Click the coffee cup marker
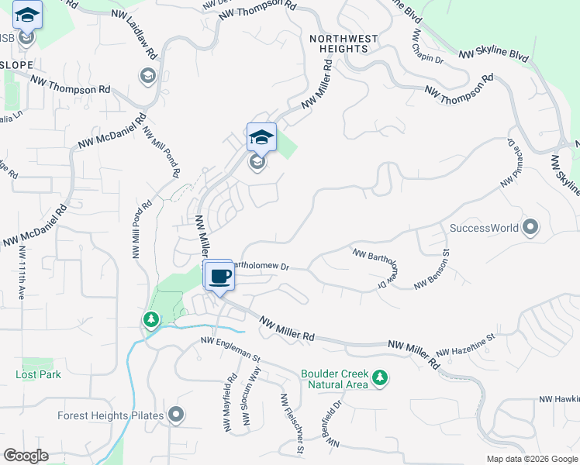coord(220,277)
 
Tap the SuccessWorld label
coord(484,229)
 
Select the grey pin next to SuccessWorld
coord(530,227)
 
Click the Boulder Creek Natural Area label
coord(335,378)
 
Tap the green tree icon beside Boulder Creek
coord(379,377)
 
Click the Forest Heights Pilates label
coord(110,415)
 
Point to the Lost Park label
coord(38,374)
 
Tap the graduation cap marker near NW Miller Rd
coord(261,138)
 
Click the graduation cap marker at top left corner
coord(28,15)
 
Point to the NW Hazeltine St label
coord(465,346)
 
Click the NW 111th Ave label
coord(22,274)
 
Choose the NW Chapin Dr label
coord(428,47)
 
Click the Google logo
coord(26,456)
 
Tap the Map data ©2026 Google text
coord(532,459)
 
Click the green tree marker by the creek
coord(150,319)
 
